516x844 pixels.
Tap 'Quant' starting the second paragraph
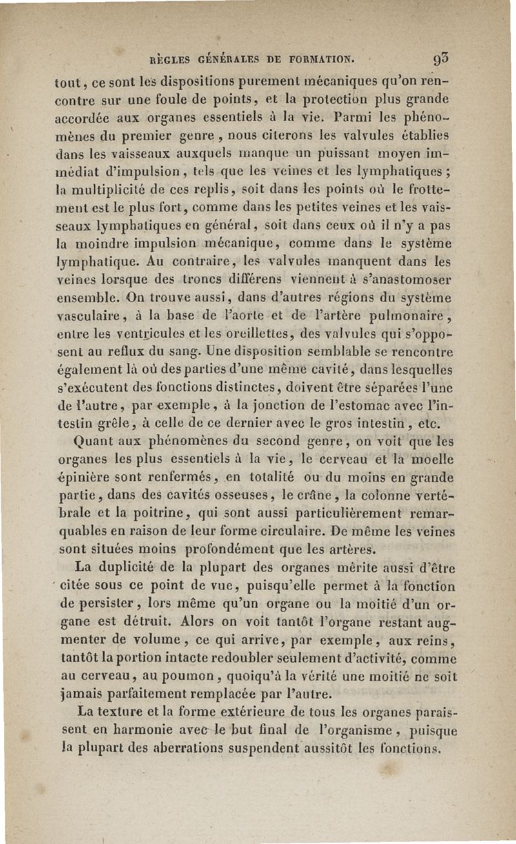[95, 443]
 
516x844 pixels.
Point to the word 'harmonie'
[132, 731]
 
